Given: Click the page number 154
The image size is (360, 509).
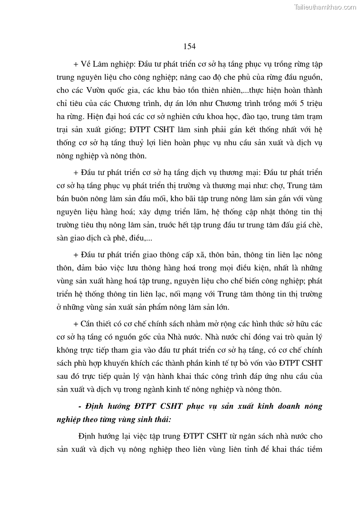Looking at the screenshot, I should point(190,46).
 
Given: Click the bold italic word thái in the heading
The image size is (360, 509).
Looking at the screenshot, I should point(162,420).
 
